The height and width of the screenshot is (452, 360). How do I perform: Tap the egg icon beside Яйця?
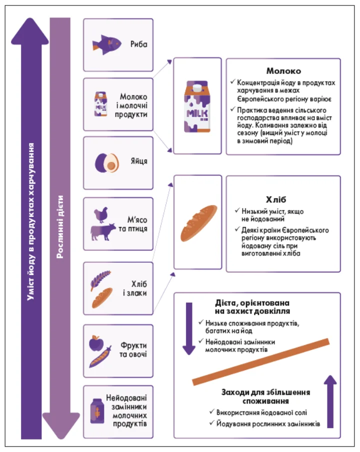(107, 163)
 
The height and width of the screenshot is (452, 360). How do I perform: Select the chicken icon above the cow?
(101, 215)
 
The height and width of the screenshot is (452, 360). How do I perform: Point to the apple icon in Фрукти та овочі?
(96, 343)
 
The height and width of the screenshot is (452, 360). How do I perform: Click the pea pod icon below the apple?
(100, 357)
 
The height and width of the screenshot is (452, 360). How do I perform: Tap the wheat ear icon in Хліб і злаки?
(100, 280)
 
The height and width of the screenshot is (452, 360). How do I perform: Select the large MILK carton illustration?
(197, 106)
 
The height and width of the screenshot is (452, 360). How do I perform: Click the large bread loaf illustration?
(198, 223)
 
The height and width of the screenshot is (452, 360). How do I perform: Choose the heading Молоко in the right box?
(283, 71)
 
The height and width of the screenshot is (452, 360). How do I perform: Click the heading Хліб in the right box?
(276, 199)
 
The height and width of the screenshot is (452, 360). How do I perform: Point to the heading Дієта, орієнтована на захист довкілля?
(252, 307)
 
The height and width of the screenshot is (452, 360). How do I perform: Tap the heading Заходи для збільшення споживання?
(265, 396)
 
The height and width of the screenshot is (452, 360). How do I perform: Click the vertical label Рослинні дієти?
(60, 227)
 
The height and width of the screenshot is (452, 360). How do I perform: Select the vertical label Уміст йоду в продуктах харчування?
(30, 221)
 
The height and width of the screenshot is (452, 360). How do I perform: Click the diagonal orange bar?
(261, 362)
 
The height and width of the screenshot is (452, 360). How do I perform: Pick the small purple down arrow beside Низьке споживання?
(189, 328)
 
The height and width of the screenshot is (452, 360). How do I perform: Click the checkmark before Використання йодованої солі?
(212, 412)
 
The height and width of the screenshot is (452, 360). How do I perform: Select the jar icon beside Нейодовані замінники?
(97, 411)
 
